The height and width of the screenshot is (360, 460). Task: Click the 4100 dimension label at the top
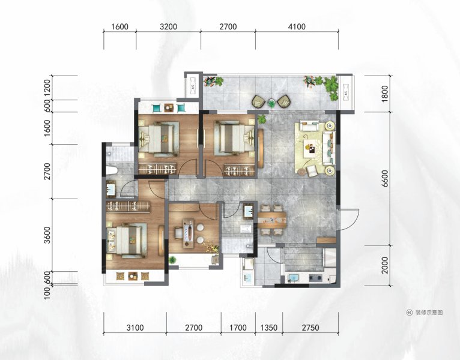(297, 27)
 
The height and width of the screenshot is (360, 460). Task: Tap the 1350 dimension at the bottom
(268, 328)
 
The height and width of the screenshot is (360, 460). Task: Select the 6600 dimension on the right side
(385, 178)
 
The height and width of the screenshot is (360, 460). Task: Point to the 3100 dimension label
(135, 328)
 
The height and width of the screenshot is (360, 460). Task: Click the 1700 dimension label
(238, 328)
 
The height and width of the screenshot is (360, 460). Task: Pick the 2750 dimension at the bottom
(310, 328)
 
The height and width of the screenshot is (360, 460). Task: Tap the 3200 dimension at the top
(168, 27)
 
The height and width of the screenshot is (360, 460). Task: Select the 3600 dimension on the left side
(47, 235)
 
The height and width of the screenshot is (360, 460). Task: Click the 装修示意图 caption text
(429, 313)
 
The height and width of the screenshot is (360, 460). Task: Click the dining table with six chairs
(272, 220)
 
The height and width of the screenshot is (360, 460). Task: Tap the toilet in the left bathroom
(112, 170)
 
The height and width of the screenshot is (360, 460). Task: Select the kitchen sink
(294, 277)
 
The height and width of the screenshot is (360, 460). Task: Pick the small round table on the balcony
(272, 103)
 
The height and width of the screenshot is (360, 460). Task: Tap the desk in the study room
(189, 233)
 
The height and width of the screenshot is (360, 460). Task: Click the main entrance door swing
(349, 220)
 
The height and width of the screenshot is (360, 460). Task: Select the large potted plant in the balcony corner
(331, 87)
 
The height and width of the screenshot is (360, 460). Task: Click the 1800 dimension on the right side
(385, 94)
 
